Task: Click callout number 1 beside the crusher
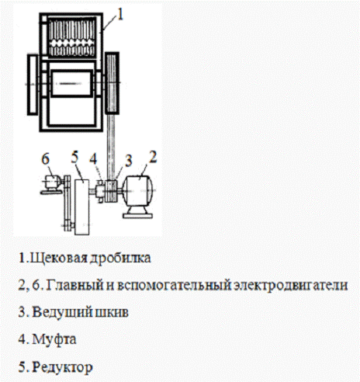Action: (x=120, y=14)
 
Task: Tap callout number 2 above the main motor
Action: (x=153, y=157)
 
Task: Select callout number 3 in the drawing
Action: (x=128, y=161)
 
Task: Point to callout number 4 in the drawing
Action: (x=93, y=158)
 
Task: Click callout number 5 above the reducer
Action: (x=74, y=157)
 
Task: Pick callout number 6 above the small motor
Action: (x=45, y=158)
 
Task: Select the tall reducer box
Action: (x=82, y=207)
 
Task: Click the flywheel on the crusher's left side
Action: (x=33, y=84)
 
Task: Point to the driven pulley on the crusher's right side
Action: (x=112, y=83)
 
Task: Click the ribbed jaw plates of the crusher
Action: (x=71, y=37)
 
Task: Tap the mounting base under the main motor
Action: (x=137, y=215)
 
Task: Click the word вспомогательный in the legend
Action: (x=174, y=286)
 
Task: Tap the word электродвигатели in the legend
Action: (x=290, y=286)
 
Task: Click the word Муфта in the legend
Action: (x=54, y=340)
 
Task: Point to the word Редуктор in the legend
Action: (x=62, y=367)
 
